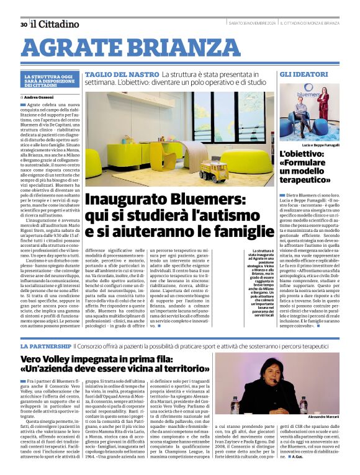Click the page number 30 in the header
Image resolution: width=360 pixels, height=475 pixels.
coord(24,24)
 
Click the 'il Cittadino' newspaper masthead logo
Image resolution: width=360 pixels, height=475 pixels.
coord(55,24)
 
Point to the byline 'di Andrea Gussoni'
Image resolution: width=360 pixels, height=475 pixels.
coord(38,97)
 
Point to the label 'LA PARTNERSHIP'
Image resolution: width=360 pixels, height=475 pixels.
coord(44,345)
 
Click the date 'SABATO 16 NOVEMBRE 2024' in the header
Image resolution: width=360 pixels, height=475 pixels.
coord(251,24)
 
